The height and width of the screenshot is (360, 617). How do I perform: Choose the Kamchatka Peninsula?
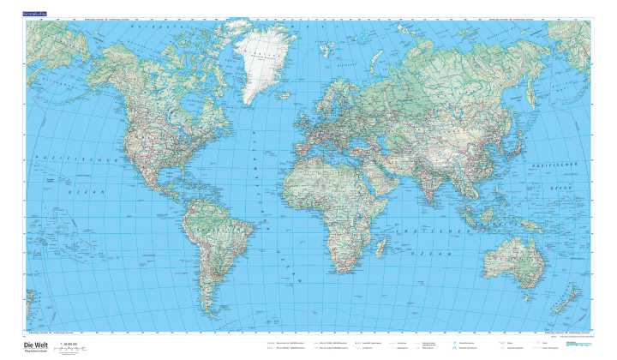538,99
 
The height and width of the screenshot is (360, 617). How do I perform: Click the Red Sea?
363,168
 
